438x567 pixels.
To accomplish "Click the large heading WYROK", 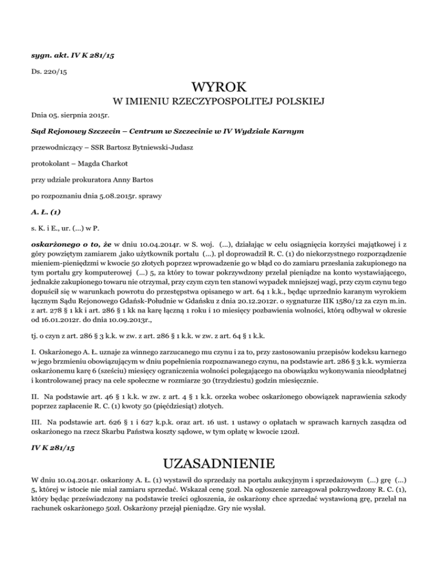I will pyautogui.click(x=220, y=88).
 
